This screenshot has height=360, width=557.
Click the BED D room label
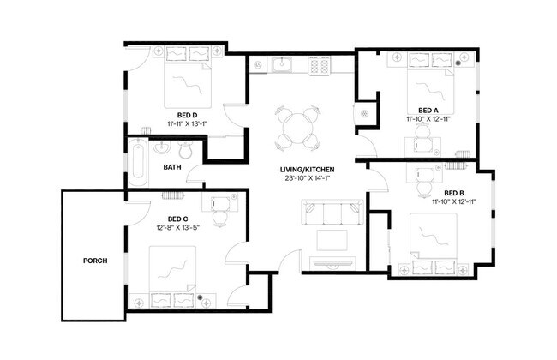188,114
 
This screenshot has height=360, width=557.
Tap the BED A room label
428,111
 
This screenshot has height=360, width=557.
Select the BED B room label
455,193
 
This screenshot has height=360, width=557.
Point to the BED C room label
178,219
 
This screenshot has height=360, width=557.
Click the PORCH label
95,261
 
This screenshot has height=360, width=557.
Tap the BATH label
172,167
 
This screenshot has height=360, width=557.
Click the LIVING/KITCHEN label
306,169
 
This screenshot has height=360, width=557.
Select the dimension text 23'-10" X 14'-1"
306,178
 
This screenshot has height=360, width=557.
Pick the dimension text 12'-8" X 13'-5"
178,229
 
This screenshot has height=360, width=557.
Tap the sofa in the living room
332,212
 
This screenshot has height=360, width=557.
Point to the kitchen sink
281,64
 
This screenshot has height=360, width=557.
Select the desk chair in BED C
219,218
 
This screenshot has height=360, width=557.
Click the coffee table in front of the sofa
332,239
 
